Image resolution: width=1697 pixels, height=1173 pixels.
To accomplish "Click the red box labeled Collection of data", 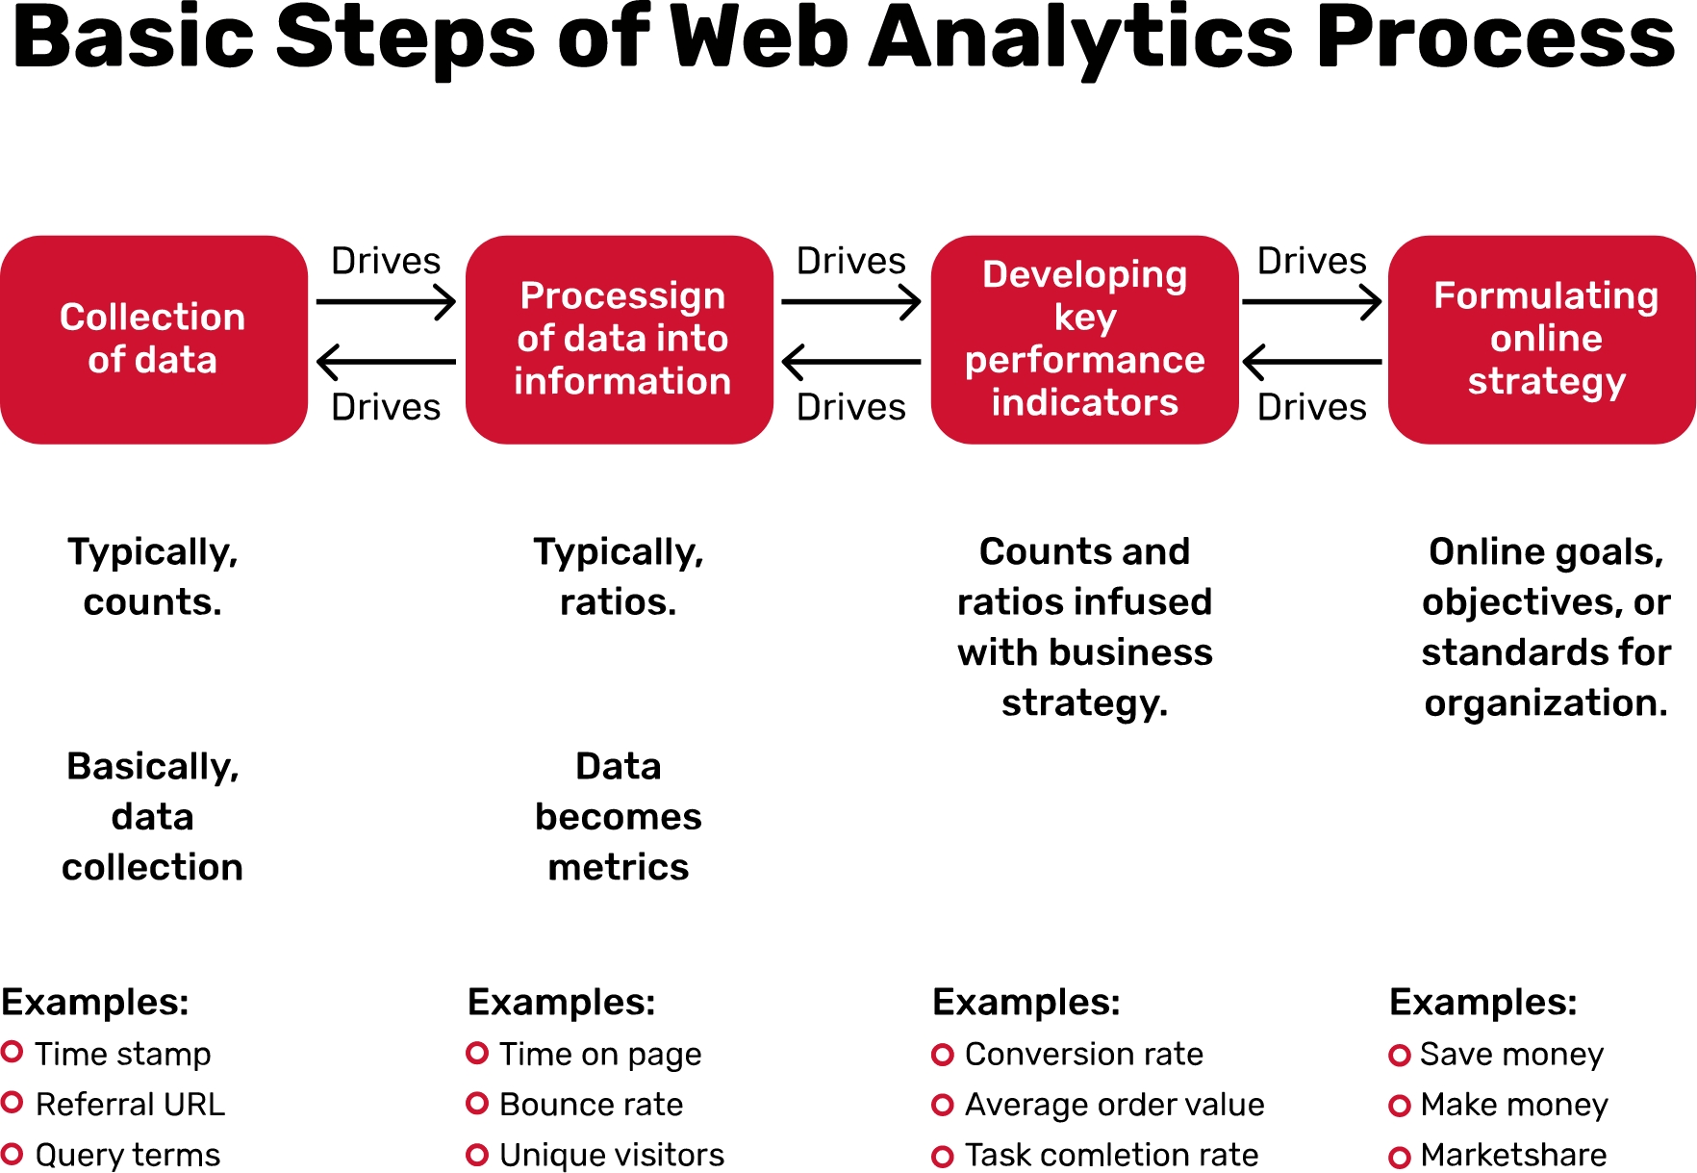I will click(x=153, y=339).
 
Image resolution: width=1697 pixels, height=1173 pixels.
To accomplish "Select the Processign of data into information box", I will click(x=620, y=339).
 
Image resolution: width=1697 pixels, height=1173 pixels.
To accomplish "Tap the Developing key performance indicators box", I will click(x=1084, y=339).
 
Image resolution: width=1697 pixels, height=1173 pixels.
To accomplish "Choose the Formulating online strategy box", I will click(x=1542, y=339).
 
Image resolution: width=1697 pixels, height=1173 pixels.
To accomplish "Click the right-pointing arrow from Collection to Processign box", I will click(x=386, y=302).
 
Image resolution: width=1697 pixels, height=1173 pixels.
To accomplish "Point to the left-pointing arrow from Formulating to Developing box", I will click(x=1311, y=363).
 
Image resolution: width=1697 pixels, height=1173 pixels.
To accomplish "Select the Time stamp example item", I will click(x=123, y=1054).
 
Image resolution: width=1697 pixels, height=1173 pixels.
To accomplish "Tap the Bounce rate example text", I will click(x=591, y=1105).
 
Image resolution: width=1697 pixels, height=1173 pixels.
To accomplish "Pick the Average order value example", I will click(x=1114, y=1105).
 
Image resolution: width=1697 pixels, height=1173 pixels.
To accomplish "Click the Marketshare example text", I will click(x=1513, y=1155).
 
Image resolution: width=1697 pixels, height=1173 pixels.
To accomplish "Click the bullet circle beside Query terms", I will click(x=13, y=1153).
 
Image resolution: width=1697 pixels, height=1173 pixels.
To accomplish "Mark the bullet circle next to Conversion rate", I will click(x=943, y=1055).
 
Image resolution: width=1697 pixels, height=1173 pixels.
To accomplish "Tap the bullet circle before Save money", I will click(x=1400, y=1056).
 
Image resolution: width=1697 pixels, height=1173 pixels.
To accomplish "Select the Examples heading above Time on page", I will click(x=561, y=1003).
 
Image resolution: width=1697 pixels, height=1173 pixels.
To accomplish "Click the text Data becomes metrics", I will click(x=619, y=817).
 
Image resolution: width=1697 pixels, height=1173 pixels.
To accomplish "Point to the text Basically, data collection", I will click(x=153, y=817).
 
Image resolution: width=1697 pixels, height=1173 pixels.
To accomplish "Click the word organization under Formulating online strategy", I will click(x=1545, y=703).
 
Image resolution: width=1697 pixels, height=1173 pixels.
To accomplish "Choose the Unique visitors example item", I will click(x=612, y=1155).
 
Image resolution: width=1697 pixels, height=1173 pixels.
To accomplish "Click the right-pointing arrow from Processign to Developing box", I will click(x=851, y=302).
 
